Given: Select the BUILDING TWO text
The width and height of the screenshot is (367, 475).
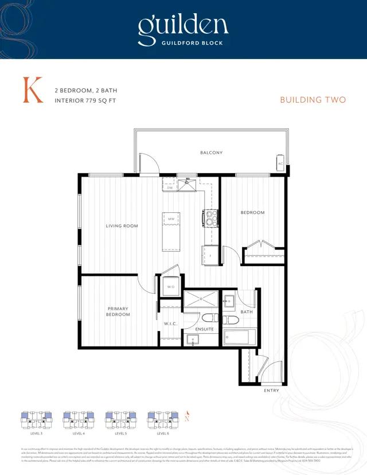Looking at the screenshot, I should coord(313,100).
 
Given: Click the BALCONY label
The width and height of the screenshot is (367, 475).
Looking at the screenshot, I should coord(211,153).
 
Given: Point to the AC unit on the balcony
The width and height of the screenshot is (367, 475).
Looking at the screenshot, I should coord(280,163).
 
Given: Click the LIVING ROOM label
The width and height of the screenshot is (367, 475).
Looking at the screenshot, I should coord(122,226).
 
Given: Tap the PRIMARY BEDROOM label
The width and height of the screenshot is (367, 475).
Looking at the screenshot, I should coord(118,312).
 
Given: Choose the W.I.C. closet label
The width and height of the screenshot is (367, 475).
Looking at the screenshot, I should coord(170,324).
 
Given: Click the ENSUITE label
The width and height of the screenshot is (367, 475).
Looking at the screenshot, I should coord(205,329).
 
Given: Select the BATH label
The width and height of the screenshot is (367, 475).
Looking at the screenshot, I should coord(247,312).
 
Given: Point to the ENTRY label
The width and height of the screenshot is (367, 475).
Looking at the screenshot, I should coord(271,391).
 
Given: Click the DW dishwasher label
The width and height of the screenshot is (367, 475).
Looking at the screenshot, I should coord(170,188).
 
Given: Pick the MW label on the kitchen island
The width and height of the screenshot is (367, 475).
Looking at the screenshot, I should coord(171,219).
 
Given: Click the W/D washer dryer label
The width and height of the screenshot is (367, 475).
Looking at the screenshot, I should coord(171,286).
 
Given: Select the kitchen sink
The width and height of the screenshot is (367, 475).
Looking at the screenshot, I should coord(188,185).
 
